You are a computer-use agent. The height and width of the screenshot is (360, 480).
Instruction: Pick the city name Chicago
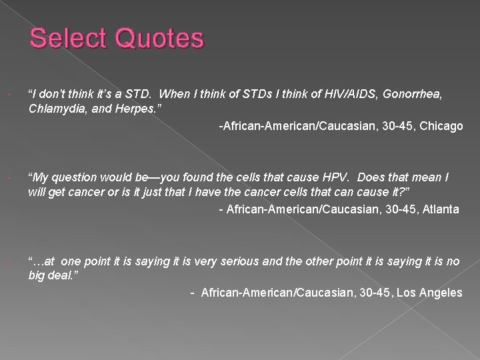click(x=440, y=126)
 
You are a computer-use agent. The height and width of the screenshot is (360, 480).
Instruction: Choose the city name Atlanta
click(x=437, y=209)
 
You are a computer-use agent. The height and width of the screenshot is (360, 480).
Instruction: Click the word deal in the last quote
click(x=63, y=275)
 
